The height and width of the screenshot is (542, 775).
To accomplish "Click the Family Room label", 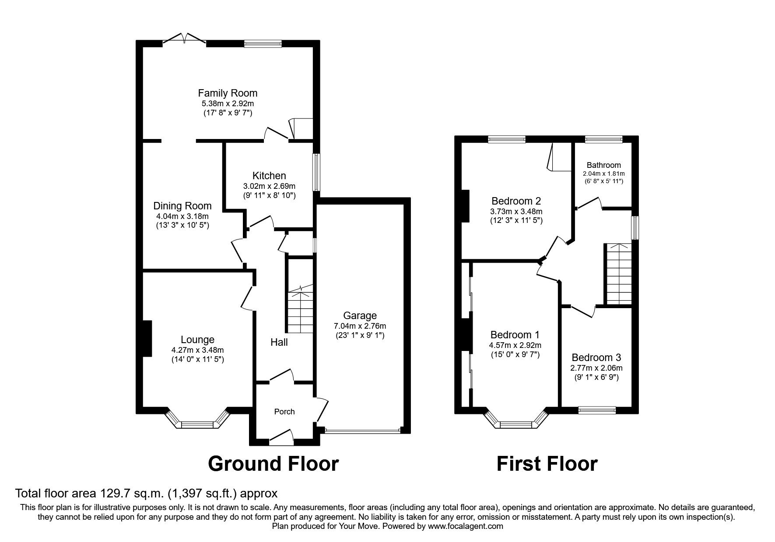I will pyautogui.click(x=228, y=93).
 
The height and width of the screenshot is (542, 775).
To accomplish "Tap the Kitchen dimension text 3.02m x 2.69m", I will pyautogui.click(x=269, y=186).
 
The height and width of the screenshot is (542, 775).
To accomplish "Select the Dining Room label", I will pyautogui.click(x=182, y=206).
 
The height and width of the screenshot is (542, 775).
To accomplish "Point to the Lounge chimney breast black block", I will pyautogui.click(x=147, y=338).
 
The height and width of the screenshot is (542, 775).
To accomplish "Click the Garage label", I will pyautogui.click(x=360, y=316).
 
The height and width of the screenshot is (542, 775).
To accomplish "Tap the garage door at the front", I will pyautogui.click(x=363, y=431).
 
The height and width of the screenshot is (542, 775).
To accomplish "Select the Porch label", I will pyautogui.click(x=284, y=412).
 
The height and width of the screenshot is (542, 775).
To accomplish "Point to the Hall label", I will pyautogui.click(x=279, y=342).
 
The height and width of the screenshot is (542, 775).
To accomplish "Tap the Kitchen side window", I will pyautogui.click(x=316, y=172).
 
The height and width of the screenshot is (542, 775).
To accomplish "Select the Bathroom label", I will pyautogui.click(x=603, y=165).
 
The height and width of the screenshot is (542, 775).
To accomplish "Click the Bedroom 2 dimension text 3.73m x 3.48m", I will pyautogui.click(x=516, y=211).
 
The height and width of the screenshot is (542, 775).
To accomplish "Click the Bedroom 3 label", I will pyautogui.click(x=596, y=357).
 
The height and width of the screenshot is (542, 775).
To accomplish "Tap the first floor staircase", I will pyautogui.click(x=618, y=274).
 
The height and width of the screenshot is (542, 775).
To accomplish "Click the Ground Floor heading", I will pyautogui.click(x=273, y=464).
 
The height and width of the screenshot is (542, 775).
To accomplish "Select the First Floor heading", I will pyautogui.click(x=547, y=464).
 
